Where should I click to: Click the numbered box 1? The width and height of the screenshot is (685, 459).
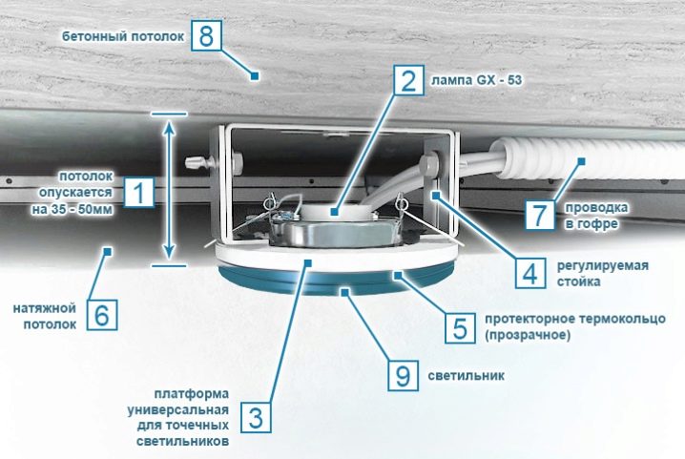[x=139, y=192]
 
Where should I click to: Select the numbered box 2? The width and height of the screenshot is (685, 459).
[x=408, y=80]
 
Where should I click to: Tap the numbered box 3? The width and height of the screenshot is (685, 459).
[x=256, y=418]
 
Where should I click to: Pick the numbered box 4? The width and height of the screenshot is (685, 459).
[x=529, y=273]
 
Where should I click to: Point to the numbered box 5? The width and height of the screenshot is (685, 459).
[x=460, y=327]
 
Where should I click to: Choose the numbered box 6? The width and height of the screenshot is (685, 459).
[x=102, y=314]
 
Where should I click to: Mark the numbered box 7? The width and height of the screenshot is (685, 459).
[x=540, y=215]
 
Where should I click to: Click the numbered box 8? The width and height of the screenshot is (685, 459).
[x=206, y=35]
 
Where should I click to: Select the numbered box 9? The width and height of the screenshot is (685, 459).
[x=404, y=375]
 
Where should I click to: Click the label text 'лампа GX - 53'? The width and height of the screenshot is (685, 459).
[x=477, y=80]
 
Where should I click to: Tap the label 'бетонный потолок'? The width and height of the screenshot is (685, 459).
[x=123, y=36]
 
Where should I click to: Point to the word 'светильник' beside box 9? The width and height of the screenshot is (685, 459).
[x=467, y=376]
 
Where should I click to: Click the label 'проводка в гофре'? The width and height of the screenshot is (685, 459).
[x=596, y=216]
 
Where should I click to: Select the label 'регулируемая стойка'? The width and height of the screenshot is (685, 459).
[x=602, y=274]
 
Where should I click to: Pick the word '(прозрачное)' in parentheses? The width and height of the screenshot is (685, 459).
[x=528, y=335]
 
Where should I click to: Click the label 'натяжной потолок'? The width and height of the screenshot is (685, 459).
[x=45, y=317]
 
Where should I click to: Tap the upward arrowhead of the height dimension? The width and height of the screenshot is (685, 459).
[x=169, y=127]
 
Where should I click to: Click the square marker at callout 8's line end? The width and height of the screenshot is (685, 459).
[x=255, y=76]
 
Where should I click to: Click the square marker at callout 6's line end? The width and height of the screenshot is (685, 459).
[x=108, y=251]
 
